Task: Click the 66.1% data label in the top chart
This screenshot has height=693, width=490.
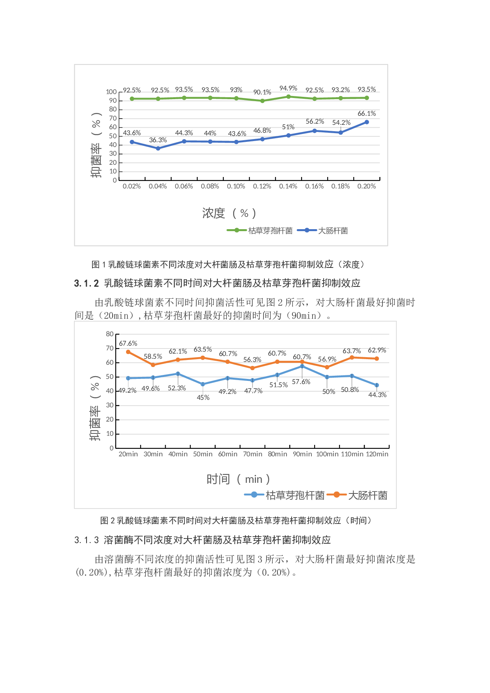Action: click(366, 114)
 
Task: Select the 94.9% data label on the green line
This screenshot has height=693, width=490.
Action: click(288, 89)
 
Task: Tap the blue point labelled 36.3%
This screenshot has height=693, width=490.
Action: click(158, 149)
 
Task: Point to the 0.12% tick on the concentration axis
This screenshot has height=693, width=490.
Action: click(262, 186)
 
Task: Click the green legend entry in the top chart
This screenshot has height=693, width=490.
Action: click(260, 231)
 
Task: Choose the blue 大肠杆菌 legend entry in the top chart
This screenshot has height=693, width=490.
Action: click(322, 231)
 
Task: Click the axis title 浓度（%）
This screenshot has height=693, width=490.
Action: click(229, 213)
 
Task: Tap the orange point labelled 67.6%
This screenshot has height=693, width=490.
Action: click(128, 352)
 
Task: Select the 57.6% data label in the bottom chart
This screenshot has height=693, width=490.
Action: click(301, 382)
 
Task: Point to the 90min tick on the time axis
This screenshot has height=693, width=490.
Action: click(302, 454)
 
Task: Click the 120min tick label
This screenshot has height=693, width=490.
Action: click(377, 454)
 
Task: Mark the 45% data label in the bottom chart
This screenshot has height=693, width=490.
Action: click(203, 398)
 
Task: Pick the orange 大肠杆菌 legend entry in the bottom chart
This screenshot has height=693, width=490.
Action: click(357, 495)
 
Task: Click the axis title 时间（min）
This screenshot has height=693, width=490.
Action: click(238, 480)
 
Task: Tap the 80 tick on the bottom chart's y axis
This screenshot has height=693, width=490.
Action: click(110, 334)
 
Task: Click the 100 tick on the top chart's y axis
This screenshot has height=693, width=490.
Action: click(111, 92)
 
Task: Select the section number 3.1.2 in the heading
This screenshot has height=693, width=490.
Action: click(86, 283)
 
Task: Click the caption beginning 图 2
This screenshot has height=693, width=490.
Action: click(236, 521)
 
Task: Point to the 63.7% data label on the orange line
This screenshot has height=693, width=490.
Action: click(351, 351)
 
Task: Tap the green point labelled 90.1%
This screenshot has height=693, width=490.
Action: click(262, 101)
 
